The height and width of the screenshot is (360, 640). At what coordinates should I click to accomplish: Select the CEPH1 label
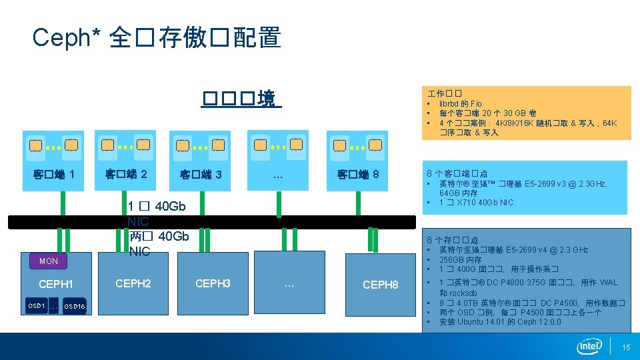pos(56,285)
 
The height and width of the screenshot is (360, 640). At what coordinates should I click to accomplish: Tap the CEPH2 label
pos(133,284)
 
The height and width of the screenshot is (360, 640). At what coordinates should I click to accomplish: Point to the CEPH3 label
pos(213,284)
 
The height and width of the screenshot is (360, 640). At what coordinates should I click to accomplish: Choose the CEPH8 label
pos(380,285)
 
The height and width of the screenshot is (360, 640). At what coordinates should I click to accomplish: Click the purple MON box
pos(49,261)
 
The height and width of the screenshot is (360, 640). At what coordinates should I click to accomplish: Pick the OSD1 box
pos(37,306)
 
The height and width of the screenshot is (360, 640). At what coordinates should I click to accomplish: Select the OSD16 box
pos(74,307)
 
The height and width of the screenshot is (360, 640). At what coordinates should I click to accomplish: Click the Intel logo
pos(589,347)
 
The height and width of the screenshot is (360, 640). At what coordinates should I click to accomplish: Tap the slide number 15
pos(626,347)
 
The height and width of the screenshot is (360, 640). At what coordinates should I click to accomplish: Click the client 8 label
pos(358,175)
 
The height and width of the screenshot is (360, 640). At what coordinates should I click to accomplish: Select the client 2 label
pos(126,175)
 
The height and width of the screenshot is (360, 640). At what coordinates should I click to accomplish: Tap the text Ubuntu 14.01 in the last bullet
pos(489,322)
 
